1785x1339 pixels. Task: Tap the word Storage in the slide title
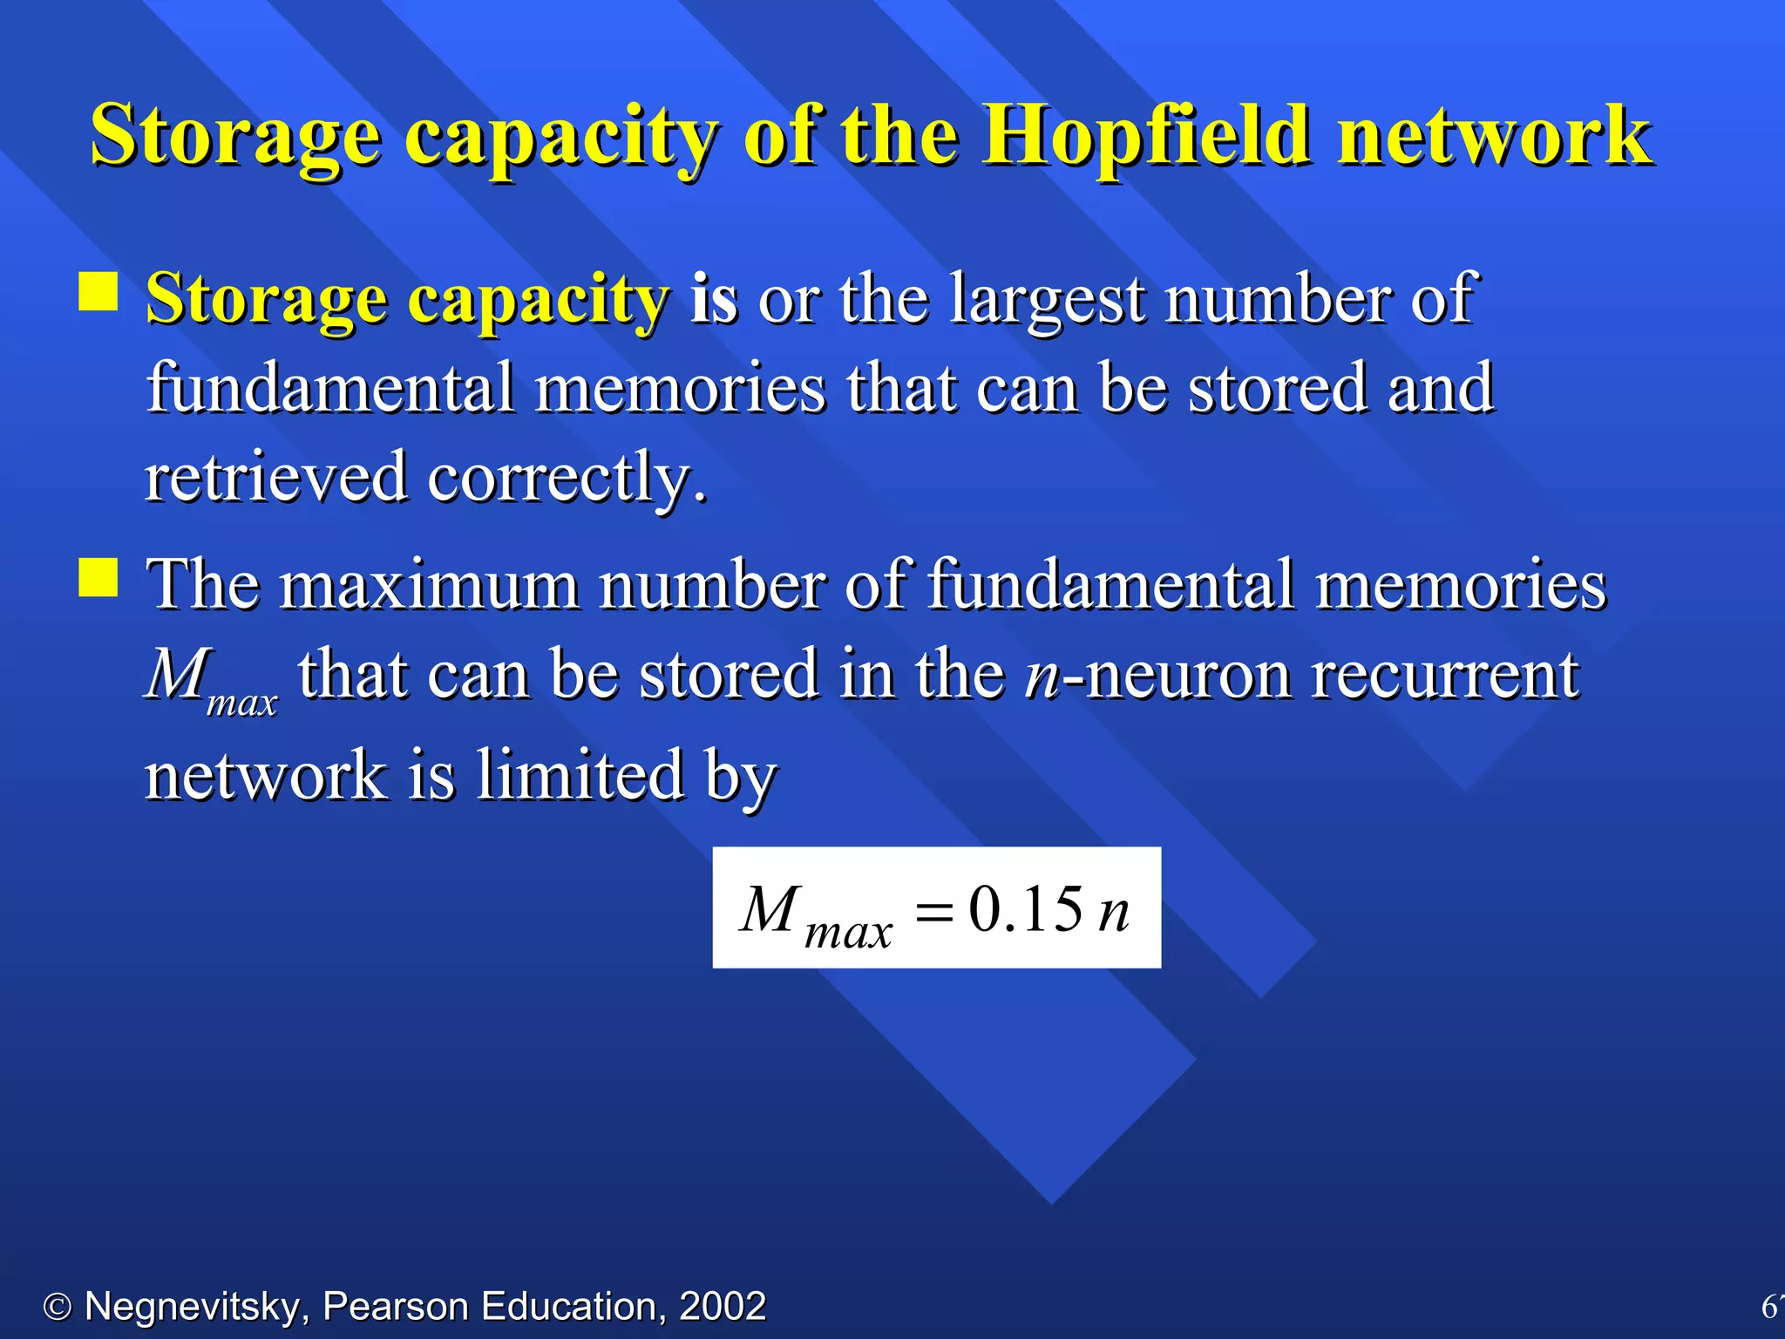(235, 136)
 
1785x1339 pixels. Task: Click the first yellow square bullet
(98, 292)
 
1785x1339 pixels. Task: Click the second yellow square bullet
(98, 577)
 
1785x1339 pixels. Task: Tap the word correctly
(567, 477)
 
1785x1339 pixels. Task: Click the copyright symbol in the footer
(58, 1307)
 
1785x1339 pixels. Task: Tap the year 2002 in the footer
(723, 1307)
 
